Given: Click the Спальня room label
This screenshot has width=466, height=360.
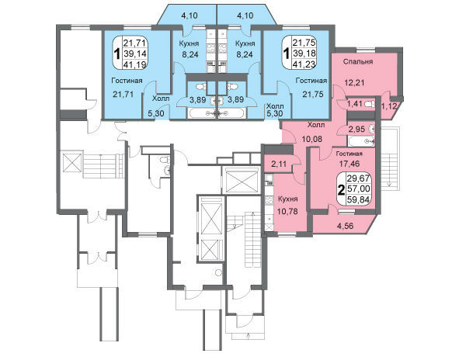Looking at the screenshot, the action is point(358,62).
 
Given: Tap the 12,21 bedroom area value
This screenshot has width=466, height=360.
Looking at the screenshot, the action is point(354,82).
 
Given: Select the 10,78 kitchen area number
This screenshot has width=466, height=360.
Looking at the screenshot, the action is point(287,211).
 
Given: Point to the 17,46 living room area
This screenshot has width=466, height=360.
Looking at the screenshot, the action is point(349,163).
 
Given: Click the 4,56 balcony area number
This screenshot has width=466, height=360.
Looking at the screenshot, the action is point(345,226).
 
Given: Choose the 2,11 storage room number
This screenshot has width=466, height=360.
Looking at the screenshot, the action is point(279,163).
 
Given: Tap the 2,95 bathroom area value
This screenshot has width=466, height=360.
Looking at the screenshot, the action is point(356,129).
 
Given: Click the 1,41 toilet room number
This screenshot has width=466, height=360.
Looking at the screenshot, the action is point(355,104).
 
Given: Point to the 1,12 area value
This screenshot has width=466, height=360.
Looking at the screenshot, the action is point(389,106).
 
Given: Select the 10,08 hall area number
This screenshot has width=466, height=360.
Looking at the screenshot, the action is point(311,139).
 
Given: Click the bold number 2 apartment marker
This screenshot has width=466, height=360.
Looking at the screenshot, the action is point(342,189).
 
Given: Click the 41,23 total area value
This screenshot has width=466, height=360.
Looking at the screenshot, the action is point(304,64).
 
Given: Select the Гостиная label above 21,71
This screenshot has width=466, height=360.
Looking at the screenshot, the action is point(127,81).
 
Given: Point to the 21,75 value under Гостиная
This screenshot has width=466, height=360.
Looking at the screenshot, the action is point(313,94).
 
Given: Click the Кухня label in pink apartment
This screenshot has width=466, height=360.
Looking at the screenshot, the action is point(287,199).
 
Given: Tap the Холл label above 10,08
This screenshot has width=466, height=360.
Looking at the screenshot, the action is point(316,125).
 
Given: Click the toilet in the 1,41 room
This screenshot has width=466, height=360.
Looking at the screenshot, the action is point(370,104).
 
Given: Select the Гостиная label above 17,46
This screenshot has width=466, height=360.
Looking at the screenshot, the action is point(349,154).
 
